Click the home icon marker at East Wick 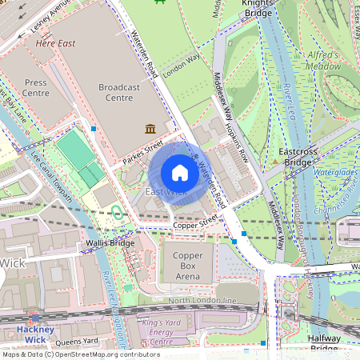pos(180,173)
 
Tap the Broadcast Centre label pos(125,92)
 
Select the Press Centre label pos(35,87)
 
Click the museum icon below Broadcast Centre pos(150,129)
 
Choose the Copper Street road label pos(198,222)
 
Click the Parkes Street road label pos(144,153)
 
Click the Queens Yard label pos(77,341)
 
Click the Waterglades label pos(334,172)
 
